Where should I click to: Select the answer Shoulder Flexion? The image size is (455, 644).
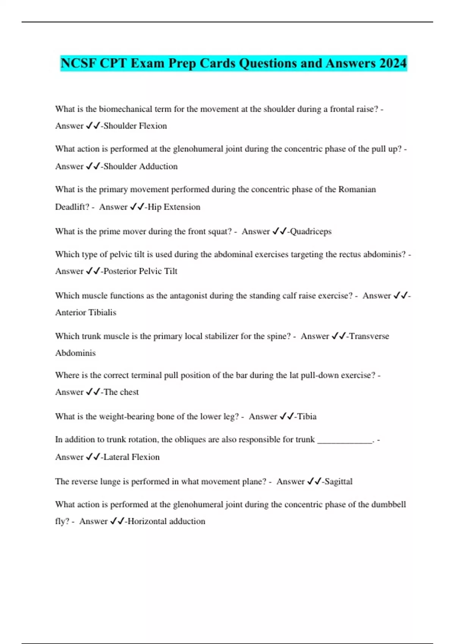click(135, 126)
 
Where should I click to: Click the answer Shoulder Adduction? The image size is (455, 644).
click(140, 166)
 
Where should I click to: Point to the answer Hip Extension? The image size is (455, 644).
click(174, 207)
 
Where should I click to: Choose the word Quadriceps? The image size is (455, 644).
click(311, 231)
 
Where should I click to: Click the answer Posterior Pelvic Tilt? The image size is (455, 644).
click(140, 271)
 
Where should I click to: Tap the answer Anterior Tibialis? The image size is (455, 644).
click(86, 313)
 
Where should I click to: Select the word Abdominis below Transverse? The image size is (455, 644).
click(75, 353)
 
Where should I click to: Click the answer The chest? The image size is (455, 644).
click(121, 392)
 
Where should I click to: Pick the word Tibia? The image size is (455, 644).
click(307, 417)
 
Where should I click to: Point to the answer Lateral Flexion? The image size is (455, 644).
click(131, 457)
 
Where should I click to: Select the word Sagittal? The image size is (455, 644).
click(338, 481)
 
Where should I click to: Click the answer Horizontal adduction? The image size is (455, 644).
click(166, 521)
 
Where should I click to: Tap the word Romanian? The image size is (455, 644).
click(357, 189)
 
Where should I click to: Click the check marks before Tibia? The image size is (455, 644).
click(287, 417)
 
